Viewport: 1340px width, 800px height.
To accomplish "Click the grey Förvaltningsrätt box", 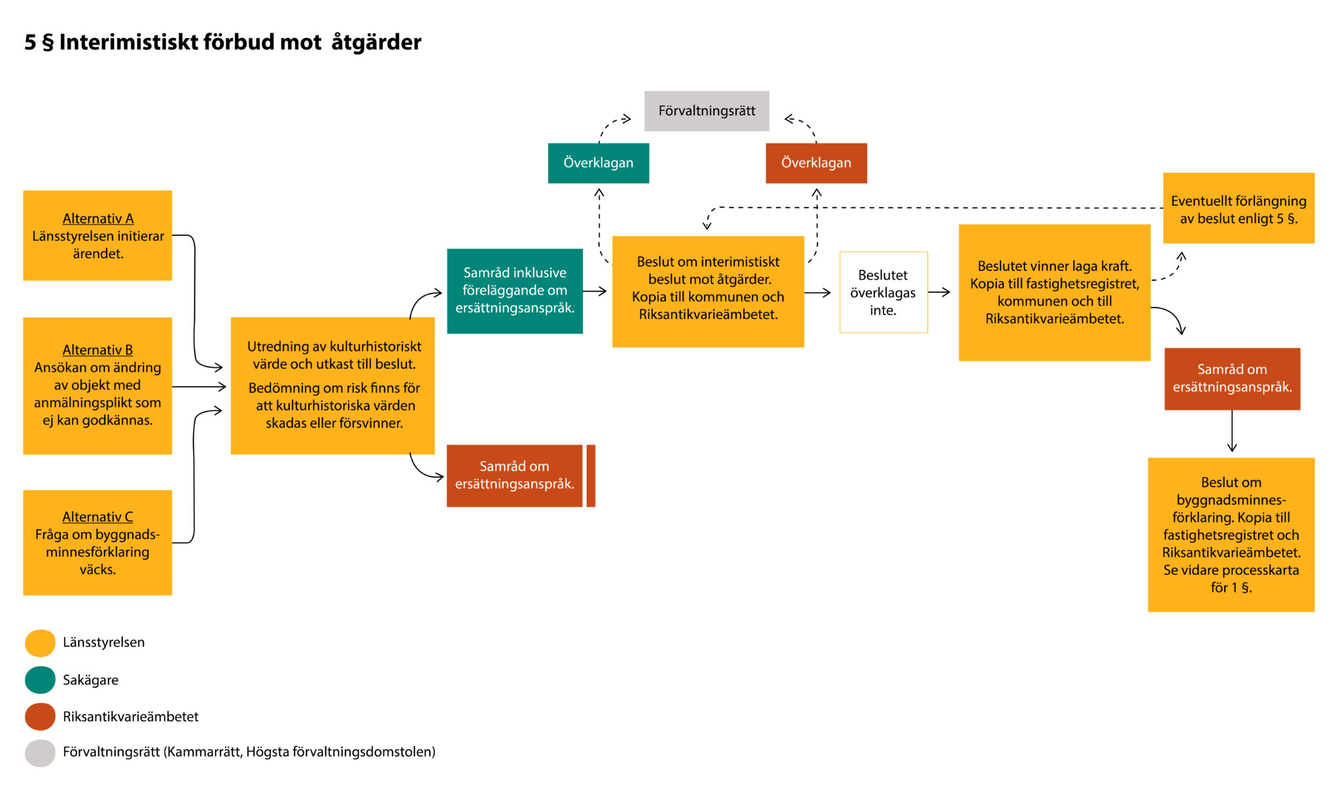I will point(707,111).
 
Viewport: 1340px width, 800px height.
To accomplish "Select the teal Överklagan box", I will point(598,163).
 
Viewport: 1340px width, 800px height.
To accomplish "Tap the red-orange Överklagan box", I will point(816,163).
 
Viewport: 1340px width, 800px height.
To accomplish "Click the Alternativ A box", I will point(97,235).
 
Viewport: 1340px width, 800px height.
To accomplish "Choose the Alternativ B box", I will point(97,386).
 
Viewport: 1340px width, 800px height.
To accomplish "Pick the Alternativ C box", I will point(97,542).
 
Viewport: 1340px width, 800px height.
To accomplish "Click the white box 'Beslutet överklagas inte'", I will point(883,292).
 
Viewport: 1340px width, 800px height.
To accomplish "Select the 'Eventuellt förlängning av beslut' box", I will point(1238,208).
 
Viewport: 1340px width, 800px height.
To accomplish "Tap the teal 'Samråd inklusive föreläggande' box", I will point(514,291).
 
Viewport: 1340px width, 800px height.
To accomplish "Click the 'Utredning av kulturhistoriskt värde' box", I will point(332,386).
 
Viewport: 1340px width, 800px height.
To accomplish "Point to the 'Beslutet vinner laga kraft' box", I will point(1054,292).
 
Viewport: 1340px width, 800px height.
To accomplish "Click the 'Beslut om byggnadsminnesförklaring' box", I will point(1231,534).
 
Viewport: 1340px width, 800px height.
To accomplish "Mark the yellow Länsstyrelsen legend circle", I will point(40,643).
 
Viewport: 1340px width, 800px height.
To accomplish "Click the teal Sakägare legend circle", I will point(40,680).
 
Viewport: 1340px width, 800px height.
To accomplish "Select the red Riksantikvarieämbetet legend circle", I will point(40,716).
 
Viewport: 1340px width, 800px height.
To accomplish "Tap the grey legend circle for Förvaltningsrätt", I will point(40,753).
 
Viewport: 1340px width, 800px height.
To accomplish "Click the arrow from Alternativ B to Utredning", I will point(200,387).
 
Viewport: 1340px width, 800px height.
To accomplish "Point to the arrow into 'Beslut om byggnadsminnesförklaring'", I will point(1232,432).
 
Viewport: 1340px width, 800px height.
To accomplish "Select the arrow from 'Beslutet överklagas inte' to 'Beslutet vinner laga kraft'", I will point(940,292).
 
